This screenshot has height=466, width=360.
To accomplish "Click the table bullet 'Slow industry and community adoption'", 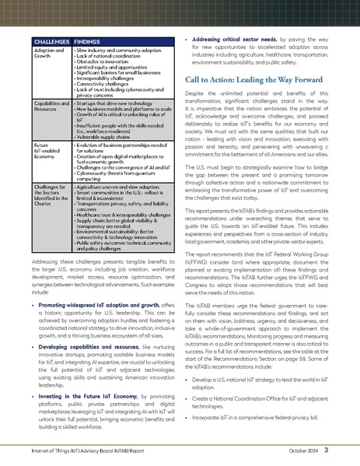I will point(117,49).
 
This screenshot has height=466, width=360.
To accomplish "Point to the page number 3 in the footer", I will point(327,450).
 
